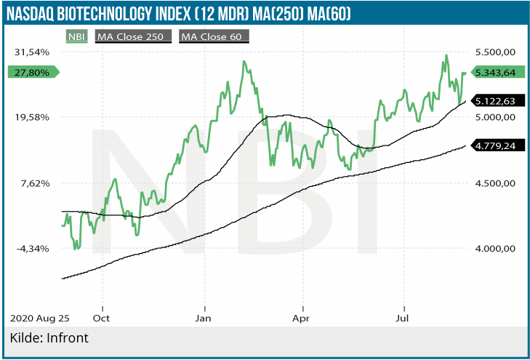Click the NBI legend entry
[76, 36]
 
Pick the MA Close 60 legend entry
[214, 36]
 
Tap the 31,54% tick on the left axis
[31, 52]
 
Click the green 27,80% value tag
[32, 72]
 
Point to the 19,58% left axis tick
[31, 117]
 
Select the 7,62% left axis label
[33, 183]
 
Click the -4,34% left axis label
[32, 249]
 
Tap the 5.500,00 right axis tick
[495, 52]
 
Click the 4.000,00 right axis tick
[495, 249]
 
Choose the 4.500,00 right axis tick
[495, 183]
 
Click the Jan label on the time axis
[204, 318]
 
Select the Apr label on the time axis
[302, 318]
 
